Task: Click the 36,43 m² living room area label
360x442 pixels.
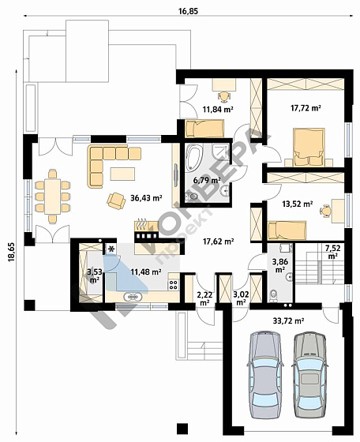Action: click(146, 198)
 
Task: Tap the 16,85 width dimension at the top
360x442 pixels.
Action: click(189, 11)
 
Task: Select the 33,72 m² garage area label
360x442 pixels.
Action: click(288, 320)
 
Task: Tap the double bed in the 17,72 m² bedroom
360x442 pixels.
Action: click(309, 147)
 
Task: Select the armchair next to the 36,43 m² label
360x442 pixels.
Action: click(116, 200)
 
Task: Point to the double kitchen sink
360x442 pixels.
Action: click(132, 297)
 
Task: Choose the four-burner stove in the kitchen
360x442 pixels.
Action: click(174, 284)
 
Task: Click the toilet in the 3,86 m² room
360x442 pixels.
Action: click(273, 296)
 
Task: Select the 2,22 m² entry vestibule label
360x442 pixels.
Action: click(204, 299)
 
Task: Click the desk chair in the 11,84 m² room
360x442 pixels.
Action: click(224, 96)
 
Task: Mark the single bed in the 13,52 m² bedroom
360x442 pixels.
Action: click(287, 230)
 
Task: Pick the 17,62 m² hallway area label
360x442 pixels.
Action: click(219, 242)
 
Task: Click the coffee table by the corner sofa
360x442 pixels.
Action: click(122, 174)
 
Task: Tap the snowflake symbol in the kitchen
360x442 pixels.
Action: click(111, 249)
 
